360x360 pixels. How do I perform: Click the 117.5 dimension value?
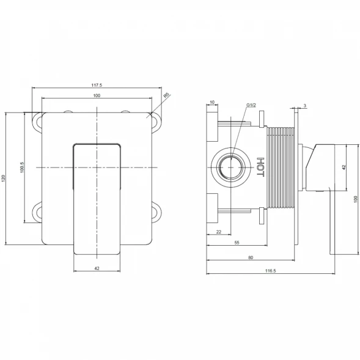point(97,85)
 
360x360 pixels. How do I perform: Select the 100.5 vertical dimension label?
point(22,167)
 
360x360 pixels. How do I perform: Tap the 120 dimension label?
point(3,178)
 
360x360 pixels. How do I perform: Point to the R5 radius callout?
point(166,95)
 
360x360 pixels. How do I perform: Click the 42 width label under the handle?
point(97,268)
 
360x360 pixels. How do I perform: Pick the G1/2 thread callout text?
point(251,105)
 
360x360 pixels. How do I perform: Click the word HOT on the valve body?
point(260,167)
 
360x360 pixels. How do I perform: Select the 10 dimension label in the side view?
point(212,102)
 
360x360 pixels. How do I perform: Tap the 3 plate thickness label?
point(305,106)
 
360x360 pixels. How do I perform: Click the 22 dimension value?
point(219,232)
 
